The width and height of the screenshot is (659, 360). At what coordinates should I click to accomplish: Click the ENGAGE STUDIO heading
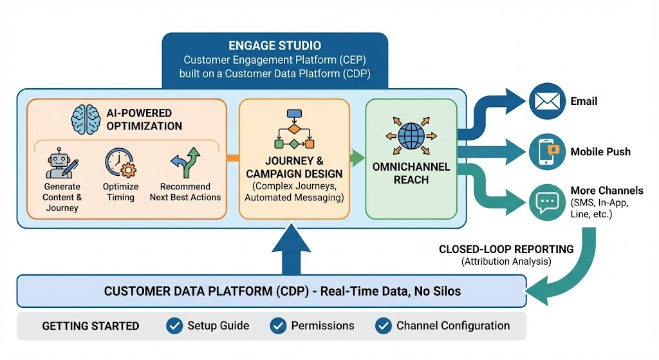[275, 46]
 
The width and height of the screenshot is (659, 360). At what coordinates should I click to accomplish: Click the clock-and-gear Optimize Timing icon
[120, 163]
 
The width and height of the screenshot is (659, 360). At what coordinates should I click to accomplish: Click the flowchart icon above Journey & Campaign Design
[293, 129]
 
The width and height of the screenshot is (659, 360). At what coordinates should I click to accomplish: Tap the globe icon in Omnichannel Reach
[410, 137]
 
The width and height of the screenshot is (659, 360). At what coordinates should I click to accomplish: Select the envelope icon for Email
[546, 101]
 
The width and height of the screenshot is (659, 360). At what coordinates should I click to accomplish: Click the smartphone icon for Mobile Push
[546, 152]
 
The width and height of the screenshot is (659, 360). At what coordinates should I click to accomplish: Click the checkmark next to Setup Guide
[174, 326]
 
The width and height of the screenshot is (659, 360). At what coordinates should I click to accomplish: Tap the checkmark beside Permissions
[278, 326]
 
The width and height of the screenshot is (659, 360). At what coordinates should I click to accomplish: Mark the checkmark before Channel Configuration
[384, 326]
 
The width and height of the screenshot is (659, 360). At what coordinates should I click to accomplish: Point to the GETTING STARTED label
[91, 326]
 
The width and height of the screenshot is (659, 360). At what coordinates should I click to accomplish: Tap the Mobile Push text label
[600, 152]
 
